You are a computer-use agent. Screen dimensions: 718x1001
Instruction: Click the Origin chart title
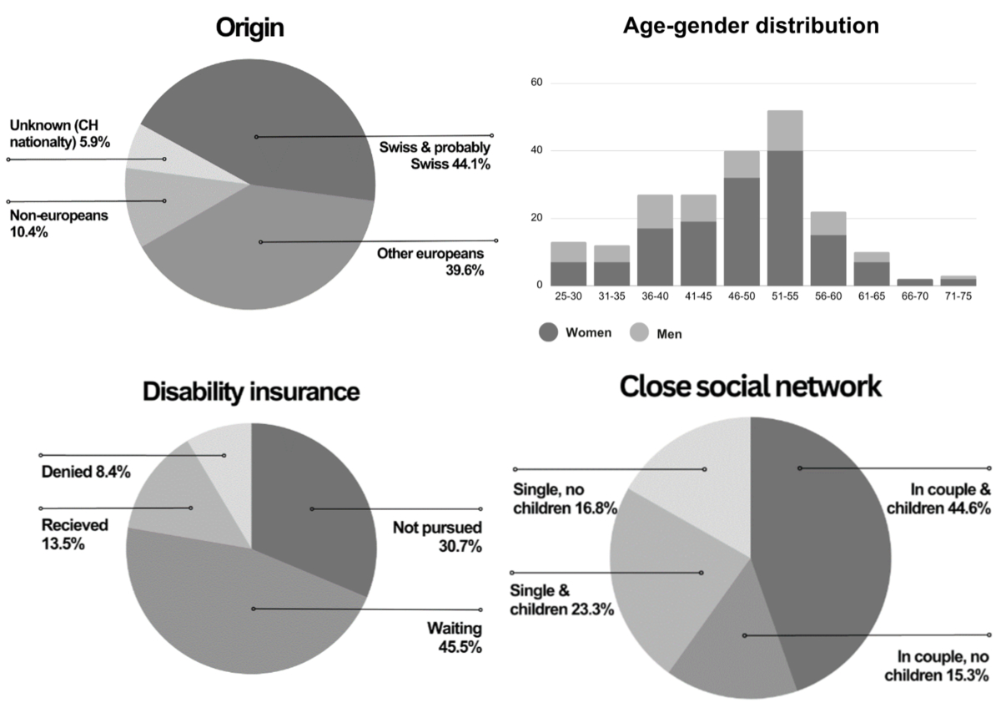coord(250,28)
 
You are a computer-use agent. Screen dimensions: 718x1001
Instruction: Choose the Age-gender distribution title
coord(751,26)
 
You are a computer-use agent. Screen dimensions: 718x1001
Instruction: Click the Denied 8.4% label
coord(86,472)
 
